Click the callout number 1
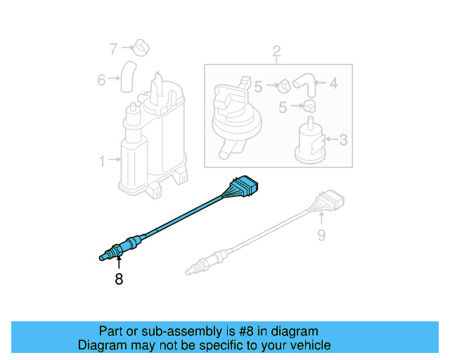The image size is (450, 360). [x=102, y=161]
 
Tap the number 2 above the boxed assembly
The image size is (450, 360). [x=276, y=51]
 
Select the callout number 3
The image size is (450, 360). [x=343, y=140]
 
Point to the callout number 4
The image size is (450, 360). [x=333, y=84]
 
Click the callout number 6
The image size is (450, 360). [x=102, y=80]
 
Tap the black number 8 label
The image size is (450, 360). [x=118, y=279]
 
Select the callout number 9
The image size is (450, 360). [x=321, y=235]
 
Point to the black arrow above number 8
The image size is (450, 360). [x=118, y=264]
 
